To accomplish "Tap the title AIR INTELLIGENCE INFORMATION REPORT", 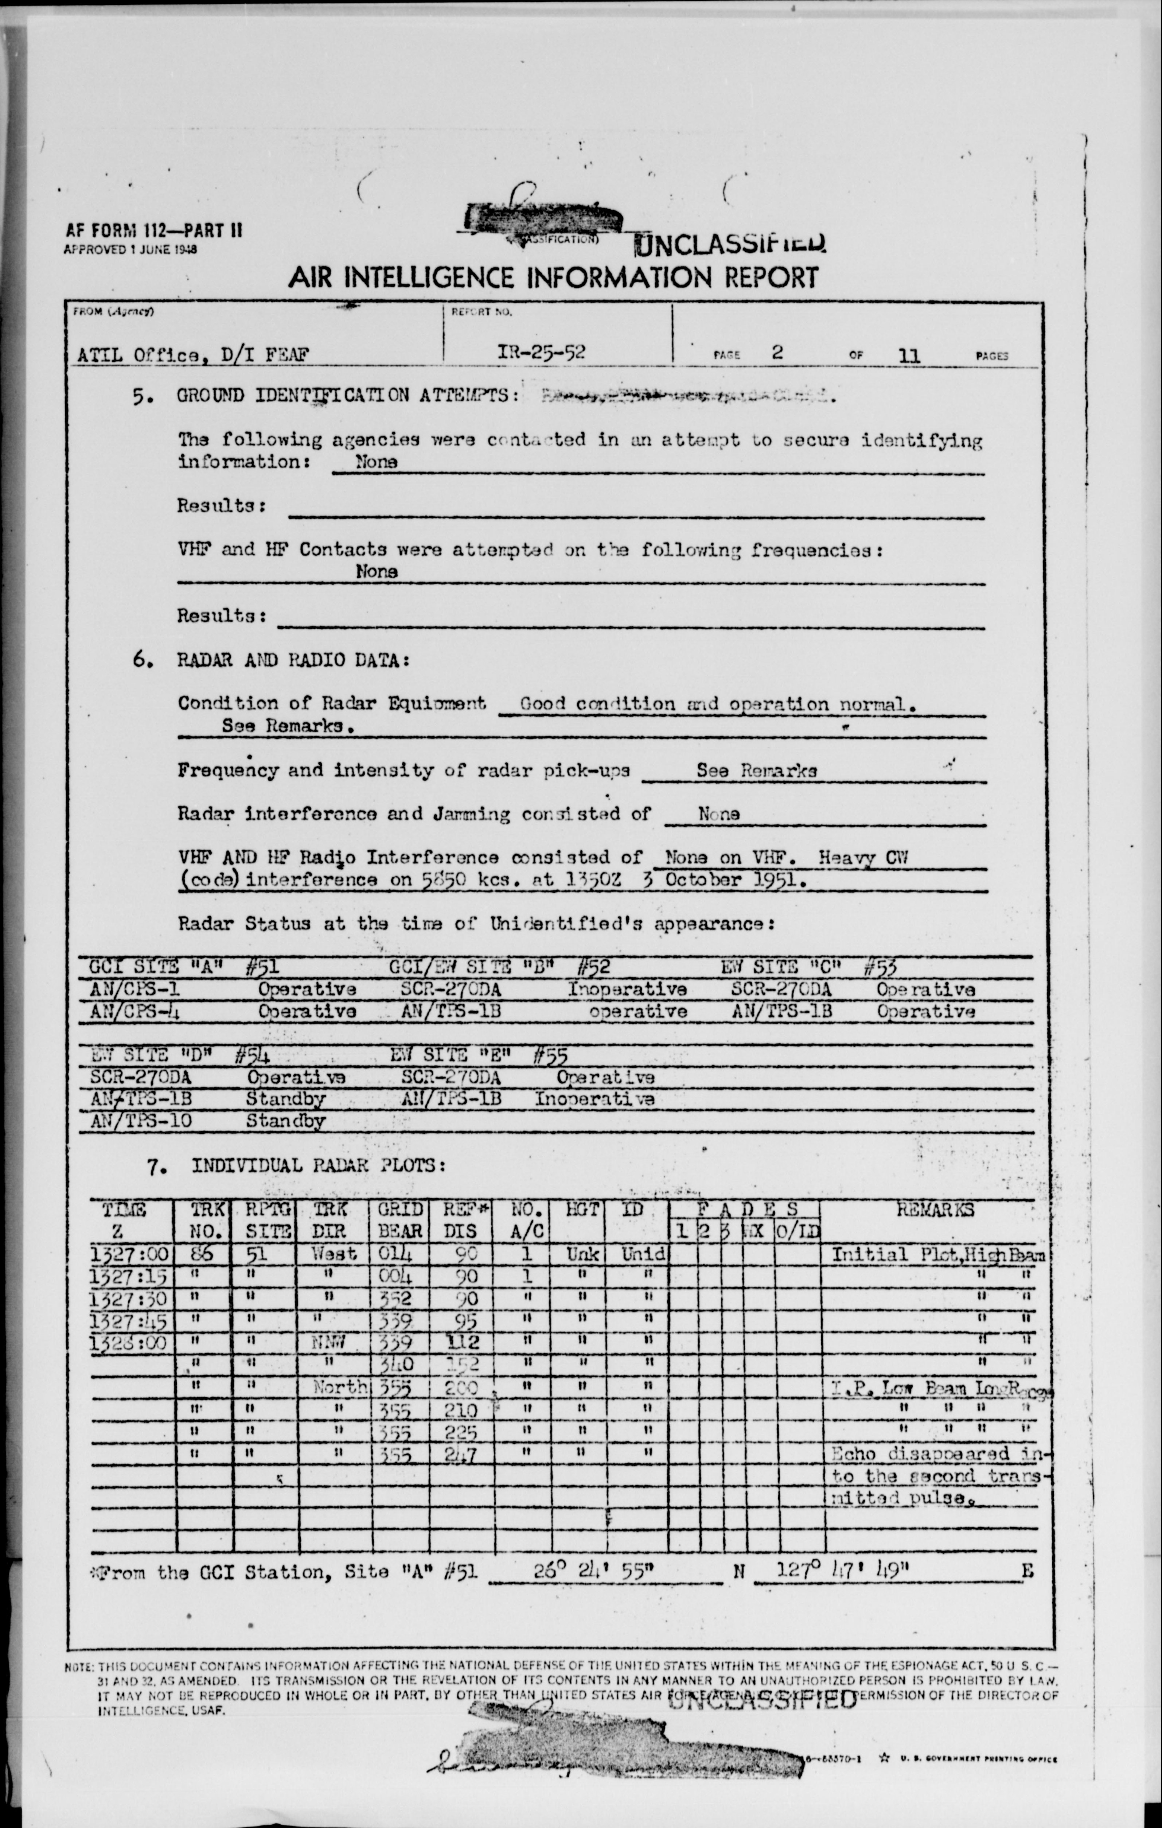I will pyautogui.click(x=553, y=278).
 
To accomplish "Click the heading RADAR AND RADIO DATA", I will pyautogui.click(x=294, y=660).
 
